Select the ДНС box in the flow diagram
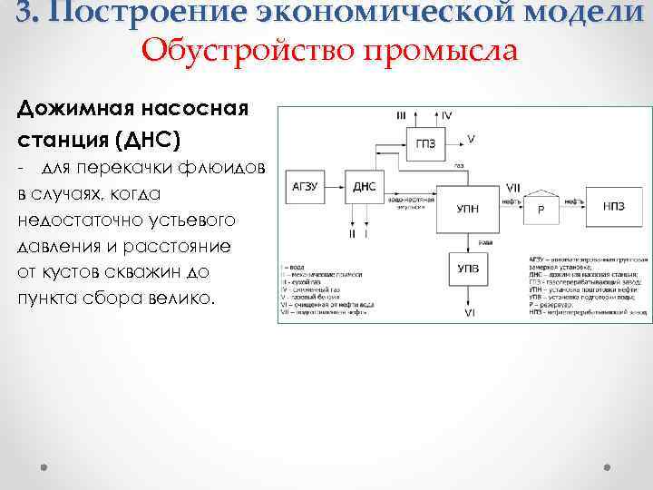click(x=364, y=187)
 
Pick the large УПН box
click(x=468, y=208)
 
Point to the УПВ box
click(x=468, y=269)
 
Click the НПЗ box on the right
click(x=613, y=205)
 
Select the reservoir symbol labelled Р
click(x=541, y=207)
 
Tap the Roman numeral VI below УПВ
click(x=469, y=312)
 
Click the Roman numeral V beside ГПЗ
click(x=470, y=139)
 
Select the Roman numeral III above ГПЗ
click(x=402, y=115)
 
